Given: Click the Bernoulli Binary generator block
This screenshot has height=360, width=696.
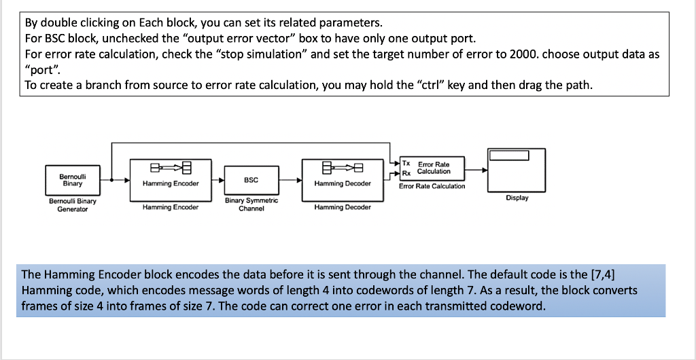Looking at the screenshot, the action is [72, 180].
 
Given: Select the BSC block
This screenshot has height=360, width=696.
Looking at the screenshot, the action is [251, 181].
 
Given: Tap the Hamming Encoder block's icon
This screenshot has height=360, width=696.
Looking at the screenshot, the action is [171, 168].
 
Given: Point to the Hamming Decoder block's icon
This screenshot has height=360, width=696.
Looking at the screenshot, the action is [343, 168].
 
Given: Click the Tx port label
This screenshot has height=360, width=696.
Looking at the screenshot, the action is [406, 164].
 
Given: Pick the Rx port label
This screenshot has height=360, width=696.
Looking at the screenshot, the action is [406, 173].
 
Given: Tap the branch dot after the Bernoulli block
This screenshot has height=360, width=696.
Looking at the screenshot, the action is [111, 181].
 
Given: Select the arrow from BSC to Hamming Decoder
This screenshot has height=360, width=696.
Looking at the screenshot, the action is [290, 181].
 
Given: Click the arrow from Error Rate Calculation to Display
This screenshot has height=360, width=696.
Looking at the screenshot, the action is [476, 170].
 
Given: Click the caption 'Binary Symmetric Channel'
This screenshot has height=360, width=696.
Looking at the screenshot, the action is [251, 204].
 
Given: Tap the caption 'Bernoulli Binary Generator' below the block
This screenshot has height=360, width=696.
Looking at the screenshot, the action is [72, 205].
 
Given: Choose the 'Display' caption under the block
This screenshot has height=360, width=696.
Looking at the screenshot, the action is [517, 198].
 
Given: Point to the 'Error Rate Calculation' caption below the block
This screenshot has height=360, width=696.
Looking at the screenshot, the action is [432, 186].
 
